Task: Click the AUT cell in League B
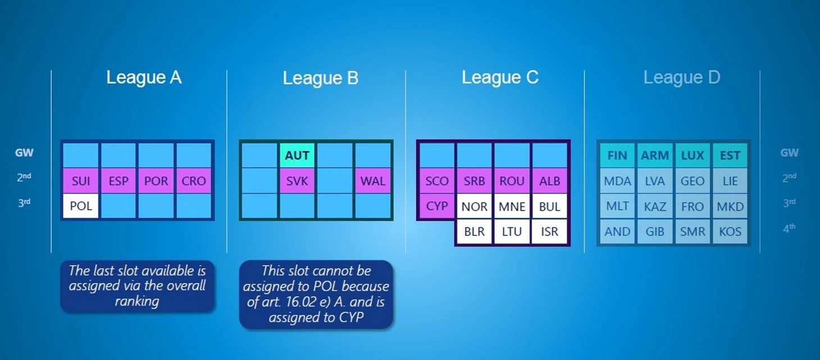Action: pyautogui.click(x=297, y=156)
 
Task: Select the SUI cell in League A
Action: pyautogui.click(x=81, y=181)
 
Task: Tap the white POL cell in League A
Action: pyautogui.click(x=81, y=206)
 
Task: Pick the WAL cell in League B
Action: pyautogui.click(x=373, y=181)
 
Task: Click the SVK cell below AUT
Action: pyautogui.click(x=297, y=181)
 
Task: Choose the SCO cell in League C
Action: pyautogui.click(x=437, y=181)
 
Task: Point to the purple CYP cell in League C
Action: pyautogui.click(x=437, y=206)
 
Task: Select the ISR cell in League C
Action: pyautogui.click(x=549, y=231)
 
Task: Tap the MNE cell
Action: pyautogui.click(x=512, y=206)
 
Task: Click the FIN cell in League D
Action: pyautogui.click(x=617, y=156)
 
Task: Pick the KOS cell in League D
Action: pyautogui.click(x=730, y=231)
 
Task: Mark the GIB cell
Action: pyautogui.click(x=655, y=231)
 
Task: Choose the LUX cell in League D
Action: pyautogui.click(x=693, y=156)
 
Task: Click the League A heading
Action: pyautogui.click(x=144, y=78)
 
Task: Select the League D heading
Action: pyautogui.click(x=681, y=78)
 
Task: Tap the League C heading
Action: pyautogui.click(x=500, y=78)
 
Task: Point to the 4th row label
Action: pyautogui.click(x=789, y=228)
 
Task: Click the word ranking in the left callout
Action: pyautogui.click(x=137, y=301)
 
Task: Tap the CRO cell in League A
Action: pyautogui.click(x=194, y=181)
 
